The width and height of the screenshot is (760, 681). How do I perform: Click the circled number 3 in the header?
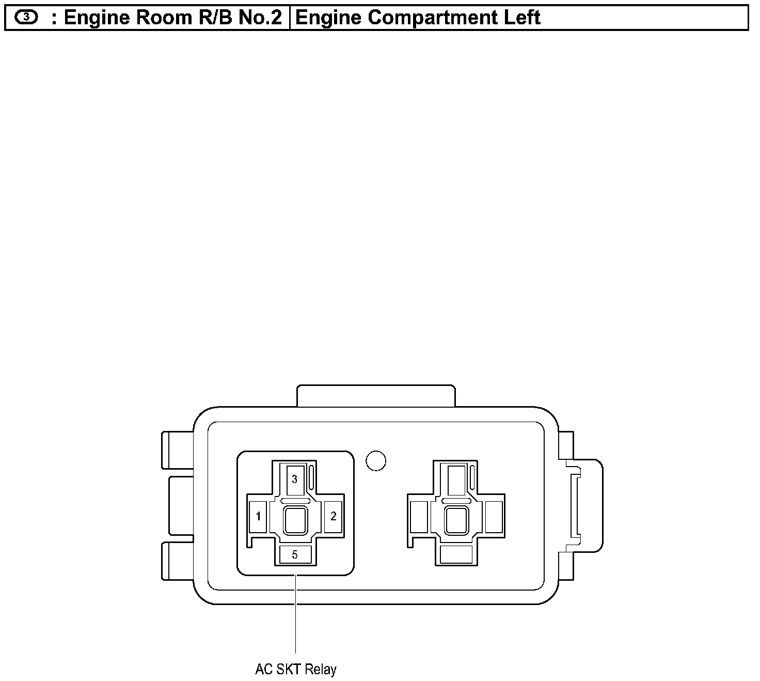click(x=26, y=17)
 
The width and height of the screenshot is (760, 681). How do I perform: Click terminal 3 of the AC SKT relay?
click(x=295, y=480)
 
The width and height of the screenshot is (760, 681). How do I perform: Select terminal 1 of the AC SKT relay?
click(x=258, y=517)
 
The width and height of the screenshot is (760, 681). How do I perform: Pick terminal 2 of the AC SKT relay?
click(x=333, y=517)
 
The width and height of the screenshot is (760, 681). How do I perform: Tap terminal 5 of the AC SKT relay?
click(x=295, y=554)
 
